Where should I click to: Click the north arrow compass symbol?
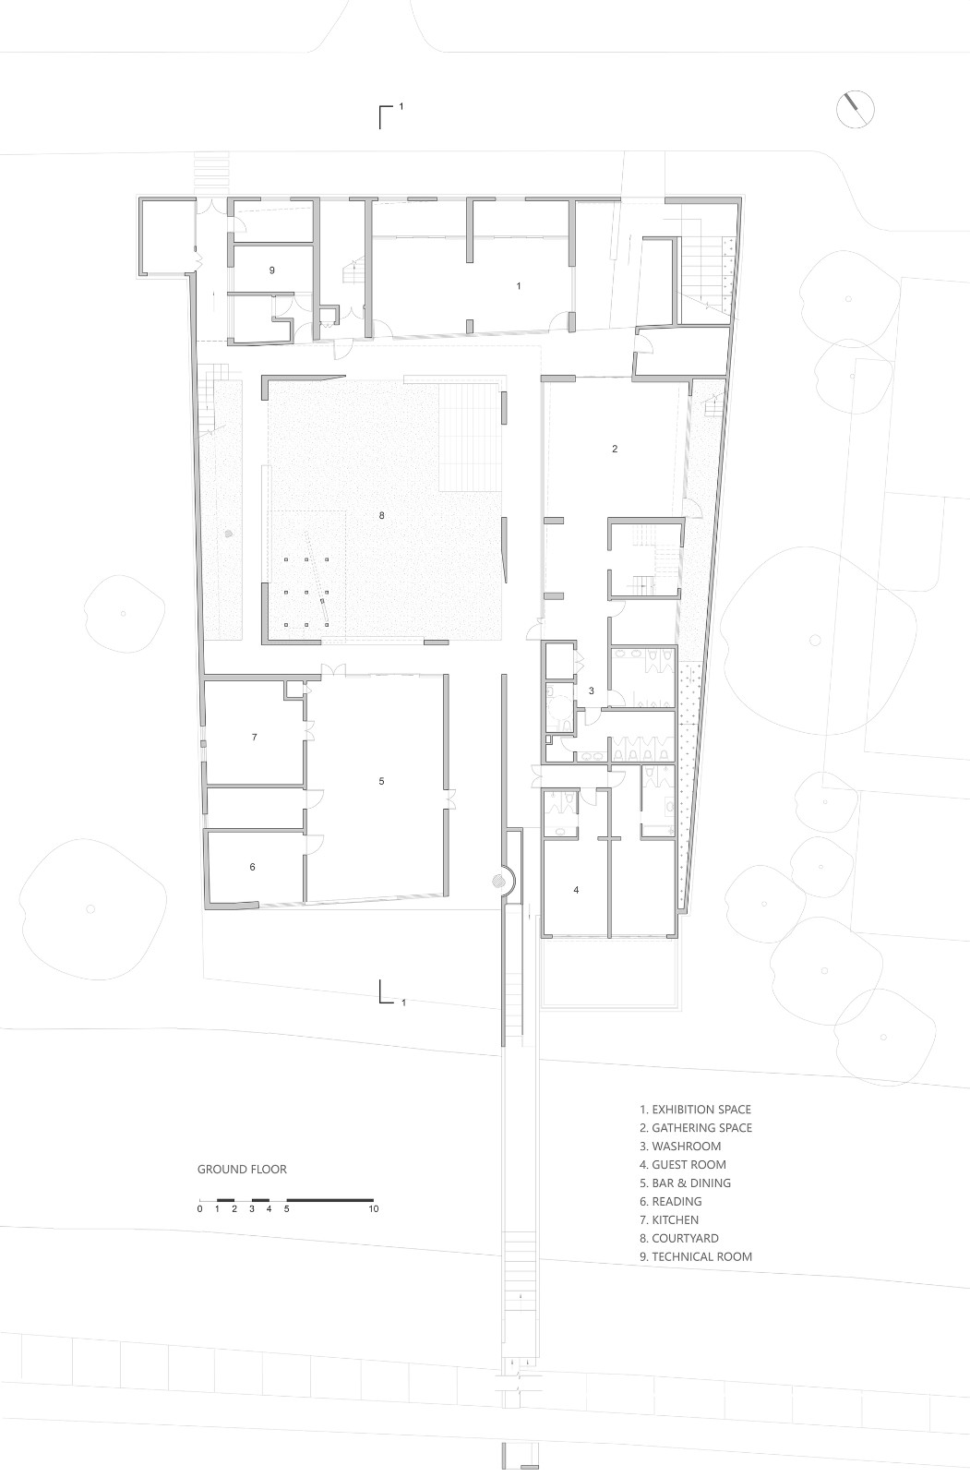click(x=856, y=108)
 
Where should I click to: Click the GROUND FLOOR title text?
click(x=242, y=1169)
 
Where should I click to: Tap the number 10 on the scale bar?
click(x=373, y=1208)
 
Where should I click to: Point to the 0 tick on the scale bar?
click(x=199, y=1208)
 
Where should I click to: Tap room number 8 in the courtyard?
click(x=381, y=516)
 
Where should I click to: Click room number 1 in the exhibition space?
click(x=519, y=286)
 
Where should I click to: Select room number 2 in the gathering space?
click(x=615, y=450)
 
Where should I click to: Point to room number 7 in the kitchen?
click(x=254, y=737)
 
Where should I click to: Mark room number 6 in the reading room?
click(x=252, y=867)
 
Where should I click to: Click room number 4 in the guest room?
click(x=577, y=890)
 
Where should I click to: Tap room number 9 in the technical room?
click(x=272, y=270)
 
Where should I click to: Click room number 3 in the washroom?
click(x=592, y=690)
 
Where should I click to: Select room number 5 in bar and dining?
click(x=381, y=781)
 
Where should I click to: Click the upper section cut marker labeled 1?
click(x=388, y=114)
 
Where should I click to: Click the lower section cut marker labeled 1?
click(x=388, y=994)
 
